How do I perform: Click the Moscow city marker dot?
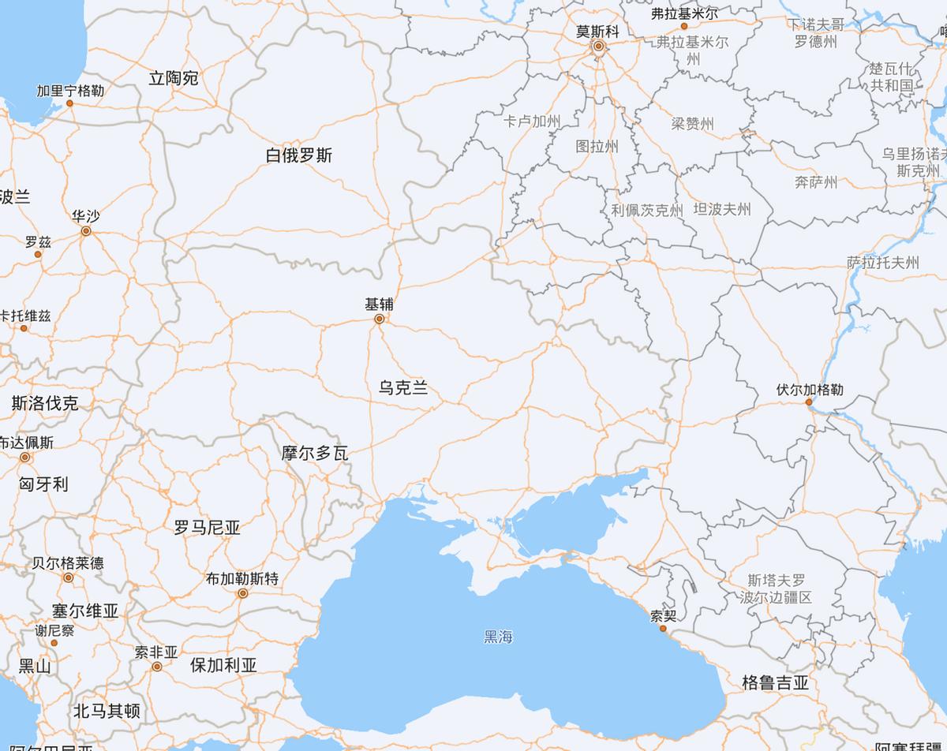click(x=599, y=46)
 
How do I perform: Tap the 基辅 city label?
click(x=379, y=304)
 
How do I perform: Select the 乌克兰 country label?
click(x=402, y=387)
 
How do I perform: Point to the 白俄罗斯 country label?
click(x=299, y=155)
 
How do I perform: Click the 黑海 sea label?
click(x=499, y=636)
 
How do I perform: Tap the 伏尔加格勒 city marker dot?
click(x=809, y=402)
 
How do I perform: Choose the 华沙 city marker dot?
click(x=86, y=231)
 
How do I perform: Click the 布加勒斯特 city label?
click(x=242, y=578)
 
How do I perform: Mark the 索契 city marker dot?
click(x=663, y=628)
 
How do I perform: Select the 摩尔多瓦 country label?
click(x=315, y=454)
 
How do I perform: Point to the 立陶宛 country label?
click(x=174, y=78)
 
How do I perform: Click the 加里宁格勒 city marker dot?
click(x=69, y=103)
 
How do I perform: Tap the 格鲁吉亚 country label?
click(x=775, y=683)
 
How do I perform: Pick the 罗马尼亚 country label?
click(x=207, y=528)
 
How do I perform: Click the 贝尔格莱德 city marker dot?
click(x=69, y=577)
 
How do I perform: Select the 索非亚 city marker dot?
click(x=157, y=667)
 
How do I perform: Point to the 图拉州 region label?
click(x=597, y=146)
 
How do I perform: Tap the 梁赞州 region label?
click(x=692, y=123)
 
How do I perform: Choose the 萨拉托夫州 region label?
click(x=883, y=263)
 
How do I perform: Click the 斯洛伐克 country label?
click(x=45, y=404)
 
